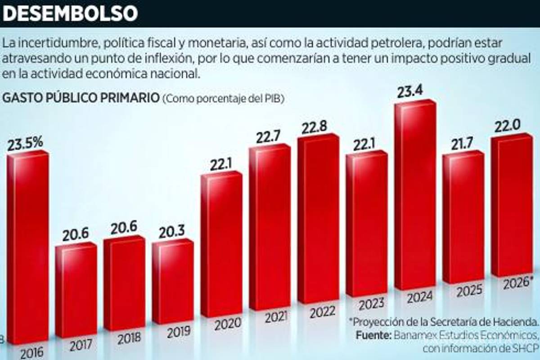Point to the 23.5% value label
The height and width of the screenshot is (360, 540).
tap(25, 143)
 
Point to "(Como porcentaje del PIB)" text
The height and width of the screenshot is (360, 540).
tap(224, 99)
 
